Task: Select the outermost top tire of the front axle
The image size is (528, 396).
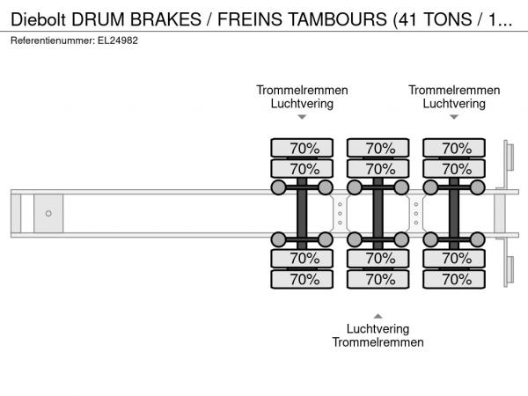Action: click(x=302, y=149)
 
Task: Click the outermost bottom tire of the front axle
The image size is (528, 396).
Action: click(x=302, y=280)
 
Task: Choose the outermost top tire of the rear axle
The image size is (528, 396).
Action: click(x=454, y=149)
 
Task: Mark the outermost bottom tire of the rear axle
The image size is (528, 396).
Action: click(x=454, y=280)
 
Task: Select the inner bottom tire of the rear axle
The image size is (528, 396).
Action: click(x=454, y=259)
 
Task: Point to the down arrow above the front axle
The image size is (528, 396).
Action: click(x=302, y=116)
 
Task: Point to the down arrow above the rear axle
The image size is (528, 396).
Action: click(x=454, y=116)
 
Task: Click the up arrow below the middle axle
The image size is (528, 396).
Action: click(x=378, y=315)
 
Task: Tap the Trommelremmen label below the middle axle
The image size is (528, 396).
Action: click(x=378, y=342)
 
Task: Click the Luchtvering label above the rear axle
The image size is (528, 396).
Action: click(x=454, y=103)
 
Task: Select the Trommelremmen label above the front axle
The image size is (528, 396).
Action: click(x=302, y=90)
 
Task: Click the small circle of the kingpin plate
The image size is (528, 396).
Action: click(x=48, y=213)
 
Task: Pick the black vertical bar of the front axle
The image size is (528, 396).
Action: click(x=302, y=214)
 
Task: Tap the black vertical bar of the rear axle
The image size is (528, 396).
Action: click(x=454, y=214)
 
